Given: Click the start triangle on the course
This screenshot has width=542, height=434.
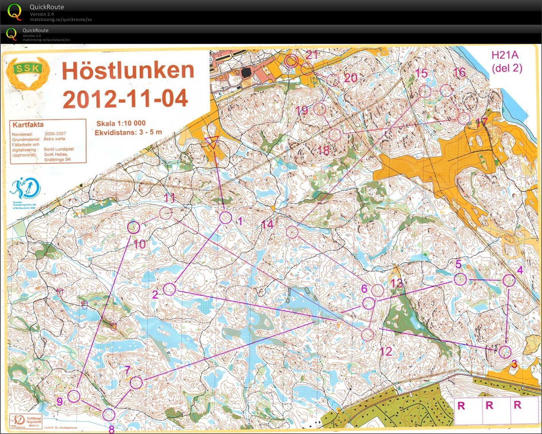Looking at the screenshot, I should (x=212, y=142).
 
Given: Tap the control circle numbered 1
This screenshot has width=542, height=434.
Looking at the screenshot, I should (x=226, y=218).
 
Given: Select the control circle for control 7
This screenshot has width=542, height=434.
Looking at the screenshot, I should (x=136, y=383).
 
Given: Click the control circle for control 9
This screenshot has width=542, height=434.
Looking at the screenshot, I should (x=74, y=396).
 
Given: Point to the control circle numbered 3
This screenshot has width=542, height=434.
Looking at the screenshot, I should (x=505, y=352).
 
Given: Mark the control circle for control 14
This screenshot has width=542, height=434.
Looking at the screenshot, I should (x=292, y=232).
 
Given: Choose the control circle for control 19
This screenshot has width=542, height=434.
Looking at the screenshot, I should (x=320, y=109).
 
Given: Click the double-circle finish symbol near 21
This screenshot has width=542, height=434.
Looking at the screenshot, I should (x=291, y=60).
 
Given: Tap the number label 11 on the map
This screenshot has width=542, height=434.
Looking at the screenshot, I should (x=169, y=198).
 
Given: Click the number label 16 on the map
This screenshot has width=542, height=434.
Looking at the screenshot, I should (x=459, y=72).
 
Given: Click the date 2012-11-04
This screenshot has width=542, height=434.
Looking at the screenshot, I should (x=126, y=99).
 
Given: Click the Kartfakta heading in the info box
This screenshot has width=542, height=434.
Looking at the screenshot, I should (x=28, y=125).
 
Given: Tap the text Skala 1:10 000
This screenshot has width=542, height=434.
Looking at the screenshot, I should (x=121, y=123).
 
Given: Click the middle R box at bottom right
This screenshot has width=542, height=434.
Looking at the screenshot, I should (x=489, y=405).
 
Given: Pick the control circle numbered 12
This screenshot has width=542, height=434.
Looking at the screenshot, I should (x=367, y=334).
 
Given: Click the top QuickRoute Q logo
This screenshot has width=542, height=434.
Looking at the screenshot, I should (x=15, y=12).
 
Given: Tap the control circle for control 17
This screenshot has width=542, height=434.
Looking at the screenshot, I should (x=463, y=118).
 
